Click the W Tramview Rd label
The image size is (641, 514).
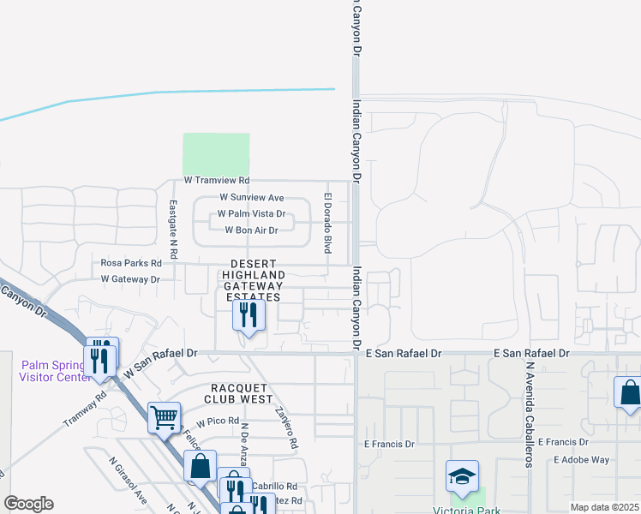[216, 181]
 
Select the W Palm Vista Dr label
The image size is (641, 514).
[251, 213]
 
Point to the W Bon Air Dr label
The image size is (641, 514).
[251, 230]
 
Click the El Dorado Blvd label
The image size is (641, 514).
[326, 223]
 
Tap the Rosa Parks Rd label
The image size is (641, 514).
[131, 263]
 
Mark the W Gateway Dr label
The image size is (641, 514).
[130, 279]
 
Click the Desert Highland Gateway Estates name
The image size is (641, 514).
[253, 280]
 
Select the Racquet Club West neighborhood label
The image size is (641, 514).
[241, 393]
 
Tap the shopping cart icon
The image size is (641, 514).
[164, 418]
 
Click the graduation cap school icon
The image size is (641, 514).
[462, 476]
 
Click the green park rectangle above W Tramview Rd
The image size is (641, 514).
[216, 154]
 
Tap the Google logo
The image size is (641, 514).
[28, 504]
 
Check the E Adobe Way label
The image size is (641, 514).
[581, 459]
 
